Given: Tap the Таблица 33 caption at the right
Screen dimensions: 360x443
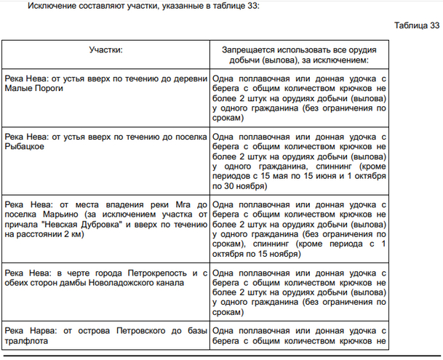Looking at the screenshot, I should [x=416, y=25].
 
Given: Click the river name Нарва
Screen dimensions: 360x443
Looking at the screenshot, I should [x=37, y=332].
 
